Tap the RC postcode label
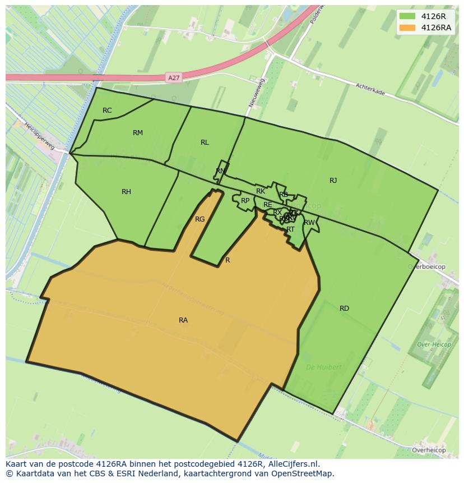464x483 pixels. click(x=107, y=111)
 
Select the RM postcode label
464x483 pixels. click(x=138, y=133)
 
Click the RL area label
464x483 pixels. click(x=205, y=142)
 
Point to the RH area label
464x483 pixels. click(x=126, y=192)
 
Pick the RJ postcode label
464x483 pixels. click(x=333, y=181)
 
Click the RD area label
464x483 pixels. click(x=344, y=309)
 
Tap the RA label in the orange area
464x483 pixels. click(x=183, y=320)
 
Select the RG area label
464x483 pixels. click(x=199, y=219)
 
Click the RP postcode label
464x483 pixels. click(x=245, y=201)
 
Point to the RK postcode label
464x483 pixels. click(x=261, y=191)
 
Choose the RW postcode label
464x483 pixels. click(x=309, y=223)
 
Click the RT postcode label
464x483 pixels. click(x=290, y=229)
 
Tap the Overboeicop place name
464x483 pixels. click(x=426, y=267)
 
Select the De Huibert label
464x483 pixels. click(x=323, y=367)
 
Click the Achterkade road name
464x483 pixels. click(x=370, y=89)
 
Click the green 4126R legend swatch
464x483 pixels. click(x=407, y=17)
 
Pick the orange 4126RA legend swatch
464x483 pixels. click(x=407, y=27)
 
